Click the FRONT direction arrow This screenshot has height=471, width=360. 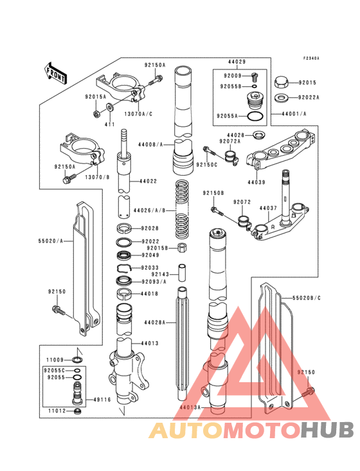click(x=56, y=73)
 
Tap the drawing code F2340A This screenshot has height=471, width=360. click(x=311, y=58)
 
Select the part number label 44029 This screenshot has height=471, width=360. click(x=236, y=61)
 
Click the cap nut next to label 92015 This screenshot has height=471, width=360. click(x=281, y=82)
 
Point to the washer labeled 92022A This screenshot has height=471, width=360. click(x=281, y=98)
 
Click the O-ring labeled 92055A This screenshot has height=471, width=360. click(x=255, y=117)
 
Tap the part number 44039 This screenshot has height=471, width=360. click(x=257, y=183)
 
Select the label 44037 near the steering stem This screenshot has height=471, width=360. click(x=268, y=208)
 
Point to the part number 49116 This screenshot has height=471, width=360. click(x=103, y=400)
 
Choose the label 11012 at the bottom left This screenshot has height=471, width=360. click(x=56, y=410)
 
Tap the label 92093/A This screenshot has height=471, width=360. click(x=154, y=281)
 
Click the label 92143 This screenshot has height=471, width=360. click(x=161, y=273)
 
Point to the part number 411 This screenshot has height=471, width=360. click(x=110, y=123)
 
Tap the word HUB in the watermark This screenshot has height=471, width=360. click(x=327, y=430)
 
